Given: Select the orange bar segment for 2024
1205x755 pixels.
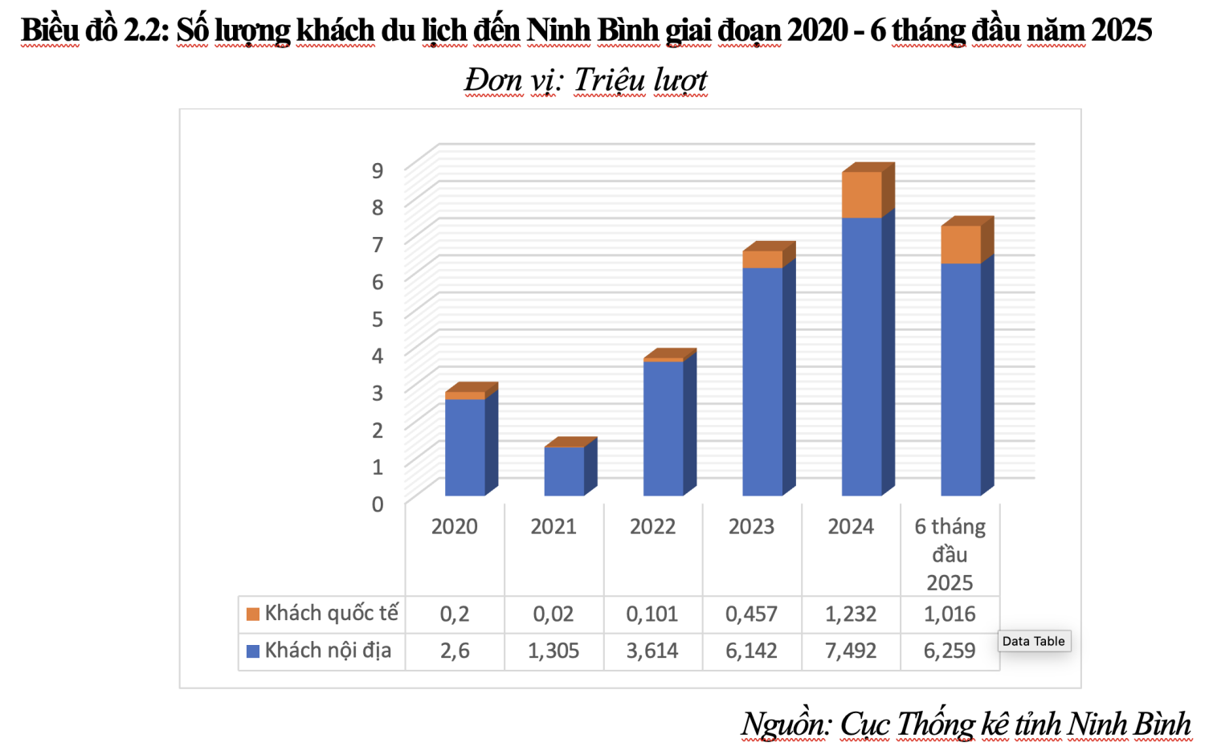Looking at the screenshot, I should coord(861,194).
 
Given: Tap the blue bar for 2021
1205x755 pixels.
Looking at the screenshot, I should coord(564,471).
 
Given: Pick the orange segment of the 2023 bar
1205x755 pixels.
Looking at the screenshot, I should coord(762,259).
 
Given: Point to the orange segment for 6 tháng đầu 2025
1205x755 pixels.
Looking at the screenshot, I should coord(961,245).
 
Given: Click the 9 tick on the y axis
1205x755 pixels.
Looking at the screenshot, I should coord(377,169).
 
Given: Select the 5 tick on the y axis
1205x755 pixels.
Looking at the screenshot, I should coord(377,318).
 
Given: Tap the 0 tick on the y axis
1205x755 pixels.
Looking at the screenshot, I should coord(377,504).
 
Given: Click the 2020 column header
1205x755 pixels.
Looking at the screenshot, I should coord(455,527).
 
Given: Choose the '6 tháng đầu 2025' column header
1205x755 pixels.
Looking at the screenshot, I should coord(950,554).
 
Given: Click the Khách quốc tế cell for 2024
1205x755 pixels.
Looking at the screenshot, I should coord(851,614).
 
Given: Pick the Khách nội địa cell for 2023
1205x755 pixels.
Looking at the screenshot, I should coord(751,651).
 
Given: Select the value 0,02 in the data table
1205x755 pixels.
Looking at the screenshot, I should coord(553,614).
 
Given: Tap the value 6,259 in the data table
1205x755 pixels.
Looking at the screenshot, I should coord(950,651).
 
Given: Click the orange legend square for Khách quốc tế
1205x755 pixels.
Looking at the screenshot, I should coord(253,614).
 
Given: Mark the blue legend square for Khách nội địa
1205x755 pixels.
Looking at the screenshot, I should coord(253,651).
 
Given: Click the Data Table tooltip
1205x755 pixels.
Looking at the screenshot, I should coord(1033,641).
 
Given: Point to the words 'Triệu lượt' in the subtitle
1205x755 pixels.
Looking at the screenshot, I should coord(640,80).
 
